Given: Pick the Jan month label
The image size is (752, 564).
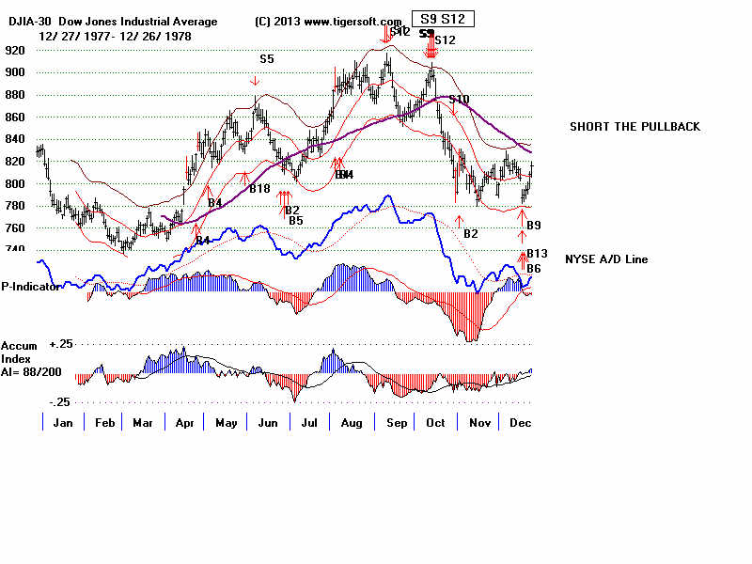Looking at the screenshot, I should coord(63,423).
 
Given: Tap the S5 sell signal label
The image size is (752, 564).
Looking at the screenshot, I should coord(267,59).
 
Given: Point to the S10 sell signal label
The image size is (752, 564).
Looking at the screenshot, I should coord(459,100).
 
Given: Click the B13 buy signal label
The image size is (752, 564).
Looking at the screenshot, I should coord(536,253).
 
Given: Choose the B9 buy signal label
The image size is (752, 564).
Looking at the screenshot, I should coord(533,226).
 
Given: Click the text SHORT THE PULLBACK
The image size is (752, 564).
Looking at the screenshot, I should coord(634,127).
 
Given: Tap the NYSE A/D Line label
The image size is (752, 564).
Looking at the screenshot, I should coord(606,258).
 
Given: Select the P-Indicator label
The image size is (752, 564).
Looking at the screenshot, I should coord(30,286).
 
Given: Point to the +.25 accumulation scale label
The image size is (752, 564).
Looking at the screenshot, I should coord(62,345).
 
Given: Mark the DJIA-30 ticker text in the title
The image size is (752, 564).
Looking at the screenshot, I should coord(32,22).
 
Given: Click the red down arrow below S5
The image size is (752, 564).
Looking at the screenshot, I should coord(256,82).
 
